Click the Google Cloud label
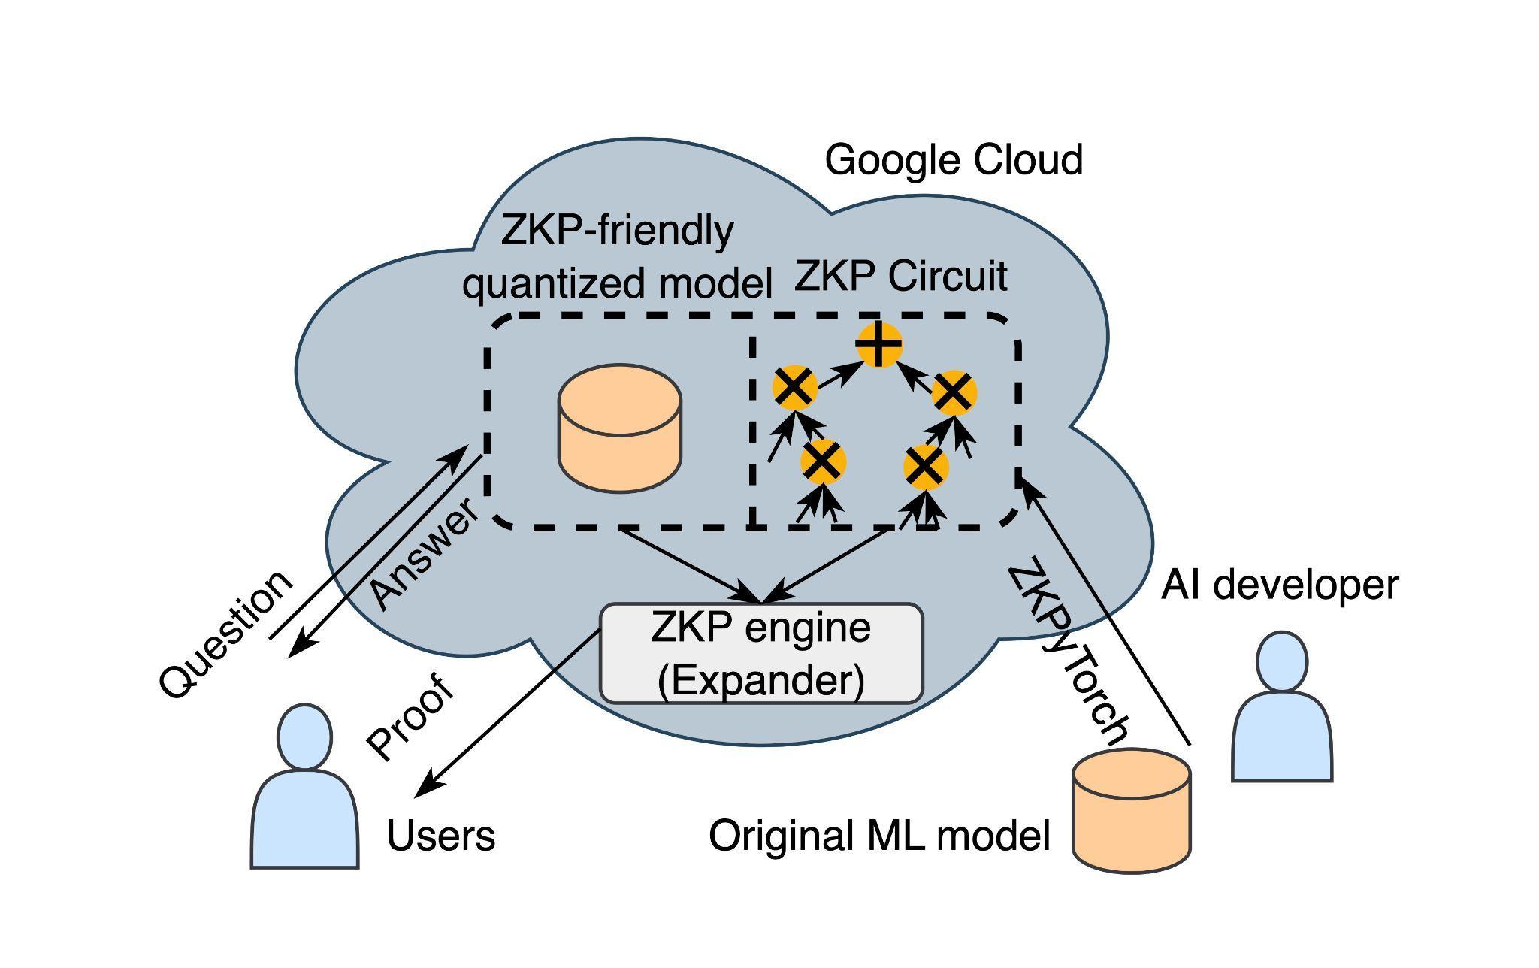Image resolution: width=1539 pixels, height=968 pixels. pos(953,160)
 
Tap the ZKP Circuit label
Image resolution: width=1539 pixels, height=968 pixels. pos(900,277)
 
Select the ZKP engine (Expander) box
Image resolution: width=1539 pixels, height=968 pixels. pos(760,653)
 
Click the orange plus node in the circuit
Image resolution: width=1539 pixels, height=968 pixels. pos(878,345)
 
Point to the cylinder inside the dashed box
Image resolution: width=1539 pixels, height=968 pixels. pos(620,428)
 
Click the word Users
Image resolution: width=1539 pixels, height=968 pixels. pos(440,836)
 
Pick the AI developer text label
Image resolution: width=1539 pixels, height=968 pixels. pos(1279,585)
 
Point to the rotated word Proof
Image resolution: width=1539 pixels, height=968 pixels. pos(410,718)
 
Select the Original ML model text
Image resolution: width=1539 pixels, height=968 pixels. pos(878,836)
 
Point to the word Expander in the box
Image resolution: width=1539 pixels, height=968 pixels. pos(760,680)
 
